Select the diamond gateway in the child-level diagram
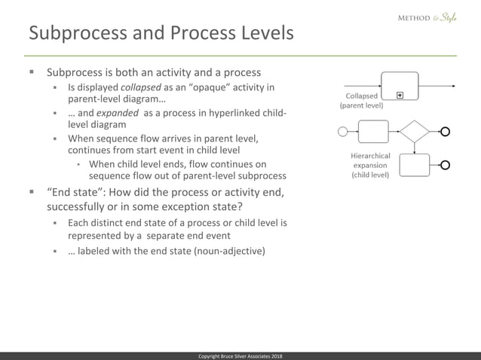pyautogui.click(x=414, y=132)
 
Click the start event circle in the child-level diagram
pyautogui.click(x=344, y=132)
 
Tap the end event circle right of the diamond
pyautogui.click(x=446, y=132)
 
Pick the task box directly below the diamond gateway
pyautogui.click(x=414, y=164)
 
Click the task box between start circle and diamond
pyautogui.click(x=372, y=132)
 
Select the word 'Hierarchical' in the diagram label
pyautogui.click(x=370, y=155)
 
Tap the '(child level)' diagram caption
pyautogui.click(x=370, y=175)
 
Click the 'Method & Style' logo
pyautogui.click(x=427, y=17)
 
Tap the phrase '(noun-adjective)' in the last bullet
pyautogui.click(x=226, y=250)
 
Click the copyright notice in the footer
pyautogui.click(x=240, y=355)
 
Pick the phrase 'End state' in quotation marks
pyautogui.click(x=80, y=192)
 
